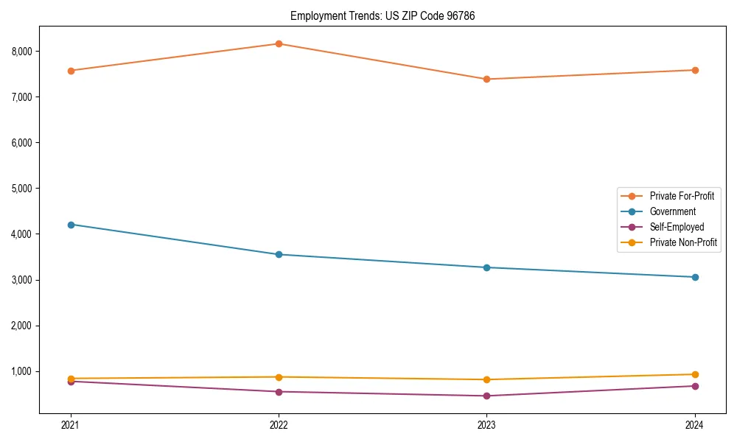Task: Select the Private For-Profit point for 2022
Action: tap(279, 43)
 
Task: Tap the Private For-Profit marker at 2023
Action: tap(486, 79)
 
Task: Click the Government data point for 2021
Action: tap(71, 225)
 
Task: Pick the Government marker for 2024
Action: tap(695, 277)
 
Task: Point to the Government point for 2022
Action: tap(279, 255)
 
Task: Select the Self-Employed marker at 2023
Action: tap(486, 396)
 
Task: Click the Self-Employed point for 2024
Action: tap(695, 386)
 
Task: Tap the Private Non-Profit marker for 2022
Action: tap(279, 377)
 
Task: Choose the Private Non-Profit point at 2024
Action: tap(695, 374)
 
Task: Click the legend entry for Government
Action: tap(672, 211)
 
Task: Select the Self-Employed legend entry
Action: tap(677, 227)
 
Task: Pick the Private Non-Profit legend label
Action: tap(683, 242)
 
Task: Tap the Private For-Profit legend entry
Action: tap(682, 196)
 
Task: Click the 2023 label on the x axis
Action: tap(486, 424)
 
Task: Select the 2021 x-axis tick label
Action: tap(71, 424)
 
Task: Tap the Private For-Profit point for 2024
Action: tap(695, 70)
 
